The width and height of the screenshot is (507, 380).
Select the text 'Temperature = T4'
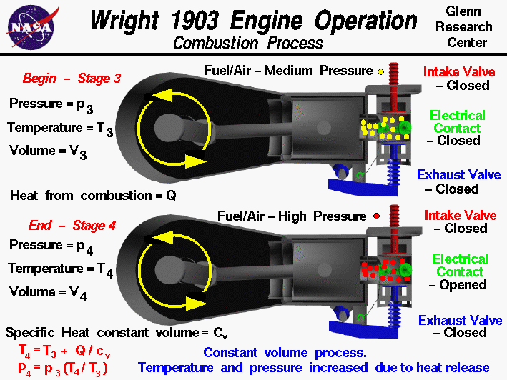click(x=55, y=269)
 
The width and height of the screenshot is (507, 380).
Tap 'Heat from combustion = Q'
click(x=92, y=194)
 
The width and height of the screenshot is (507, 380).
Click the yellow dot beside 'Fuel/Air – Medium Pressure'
click(x=381, y=71)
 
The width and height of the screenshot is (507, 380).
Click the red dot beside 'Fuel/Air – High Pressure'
click(x=376, y=216)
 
